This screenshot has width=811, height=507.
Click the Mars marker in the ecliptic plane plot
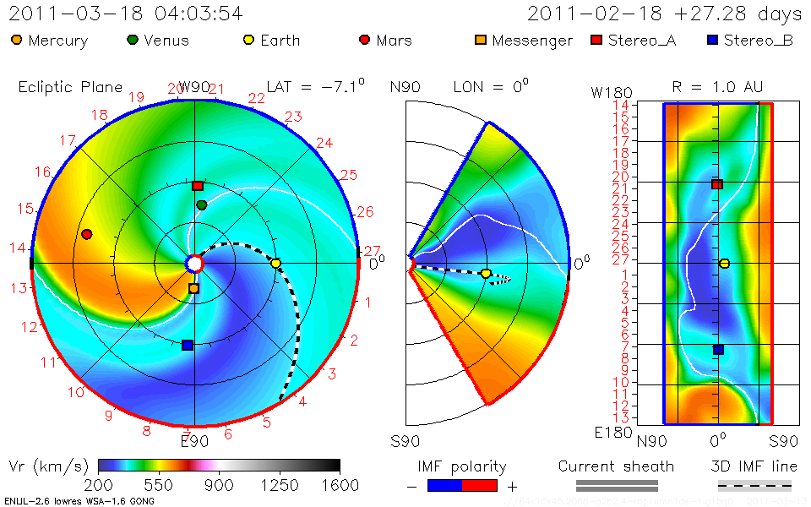click(x=86, y=234)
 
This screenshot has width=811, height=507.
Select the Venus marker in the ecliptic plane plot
click(x=202, y=205)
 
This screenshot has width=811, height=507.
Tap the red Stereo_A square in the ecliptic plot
click(x=198, y=186)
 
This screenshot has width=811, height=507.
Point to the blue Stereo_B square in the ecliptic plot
click(x=188, y=345)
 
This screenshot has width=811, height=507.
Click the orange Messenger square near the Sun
click(x=193, y=289)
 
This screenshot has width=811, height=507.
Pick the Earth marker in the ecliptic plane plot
click(x=275, y=264)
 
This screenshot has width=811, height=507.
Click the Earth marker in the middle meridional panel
click(x=486, y=274)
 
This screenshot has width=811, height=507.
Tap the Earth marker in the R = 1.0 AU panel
click(x=724, y=264)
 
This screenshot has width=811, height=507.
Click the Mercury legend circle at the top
click(x=16, y=40)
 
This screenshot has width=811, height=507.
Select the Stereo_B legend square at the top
click(x=712, y=40)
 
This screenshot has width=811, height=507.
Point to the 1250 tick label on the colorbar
click(x=280, y=485)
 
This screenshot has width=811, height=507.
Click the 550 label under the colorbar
click(x=159, y=485)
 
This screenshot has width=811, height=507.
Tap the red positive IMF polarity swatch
click(x=480, y=485)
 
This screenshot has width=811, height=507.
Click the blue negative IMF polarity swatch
click(x=445, y=485)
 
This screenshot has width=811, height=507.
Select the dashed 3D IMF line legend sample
click(x=754, y=485)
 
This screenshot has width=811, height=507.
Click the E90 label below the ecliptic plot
click(x=195, y=439)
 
